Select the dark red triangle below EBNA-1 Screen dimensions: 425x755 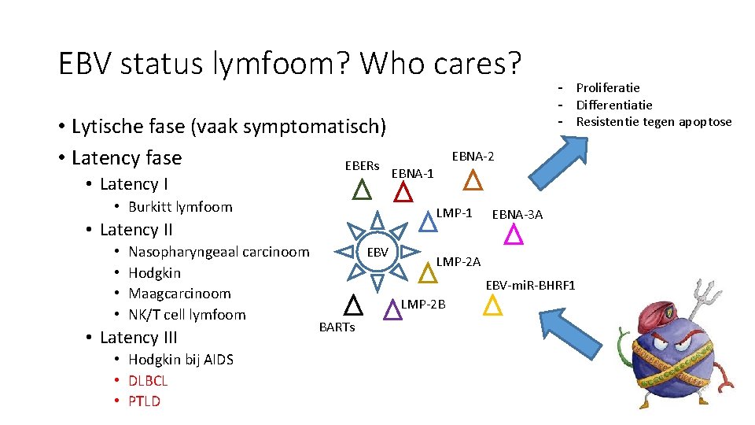pyautogui.click(x=403, y=192)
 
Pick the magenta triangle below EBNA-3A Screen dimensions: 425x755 pyautogui.click(x=514, y=234)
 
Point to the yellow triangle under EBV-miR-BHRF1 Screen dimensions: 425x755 pyautogui.click(x=492, y=305)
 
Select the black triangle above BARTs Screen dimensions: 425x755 pyautogui.click(x=353, y=305)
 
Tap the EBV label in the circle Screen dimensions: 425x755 pyautogui.click(x=377, y=253)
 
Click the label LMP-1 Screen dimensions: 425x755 pyautogui.click(x=454, y=213)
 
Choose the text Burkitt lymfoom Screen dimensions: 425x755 pyautogui.click(x=180, y=207)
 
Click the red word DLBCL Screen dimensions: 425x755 pyautogui.click(x=148, y=380)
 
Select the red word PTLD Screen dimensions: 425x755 pyautogui.click(x=144, y=401)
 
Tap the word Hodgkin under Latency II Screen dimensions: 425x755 pyautogui.click(x=154, y=273)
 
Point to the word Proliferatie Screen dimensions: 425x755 pyautogui.click(x=608, y=87)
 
